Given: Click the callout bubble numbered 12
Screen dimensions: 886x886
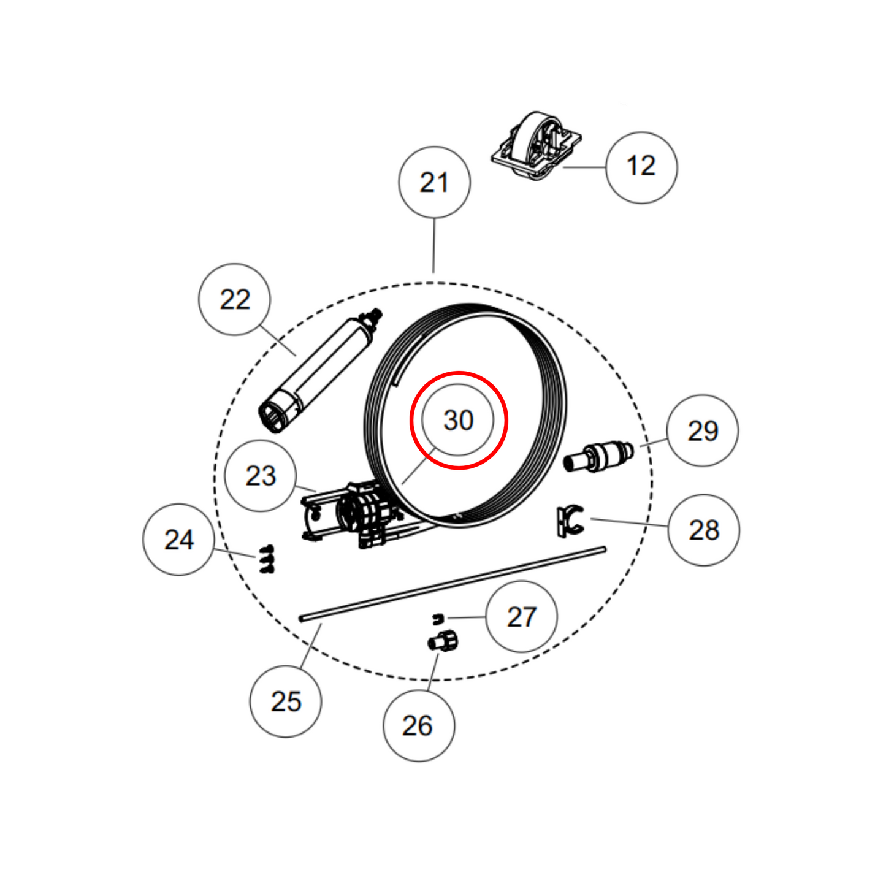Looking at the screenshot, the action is tap(641, 168).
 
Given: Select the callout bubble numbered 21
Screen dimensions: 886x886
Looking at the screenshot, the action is tap(435, 183).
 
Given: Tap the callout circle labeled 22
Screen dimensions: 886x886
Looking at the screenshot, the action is tap(234, 299).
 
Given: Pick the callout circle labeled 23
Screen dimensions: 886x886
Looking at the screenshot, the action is tap(261, 476).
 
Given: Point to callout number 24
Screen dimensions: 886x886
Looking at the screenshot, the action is tap(179, 540).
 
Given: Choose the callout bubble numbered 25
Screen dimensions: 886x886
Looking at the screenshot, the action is tap(286, 701).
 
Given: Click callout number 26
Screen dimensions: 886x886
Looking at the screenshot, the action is tap(418, 726).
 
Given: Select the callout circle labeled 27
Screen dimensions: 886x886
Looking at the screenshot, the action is tap(521, 617).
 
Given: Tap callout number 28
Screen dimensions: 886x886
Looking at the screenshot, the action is tap(704, 530).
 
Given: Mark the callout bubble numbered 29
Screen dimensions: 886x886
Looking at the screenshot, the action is tap(703, 431).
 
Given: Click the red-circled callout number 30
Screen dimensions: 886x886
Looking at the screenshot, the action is tap(459, 420).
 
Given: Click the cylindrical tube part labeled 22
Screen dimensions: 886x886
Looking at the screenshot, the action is tap(320, 371).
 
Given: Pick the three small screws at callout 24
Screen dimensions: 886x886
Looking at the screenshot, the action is tap(267, 559).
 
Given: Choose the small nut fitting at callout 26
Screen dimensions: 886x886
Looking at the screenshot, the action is tap(443, 641).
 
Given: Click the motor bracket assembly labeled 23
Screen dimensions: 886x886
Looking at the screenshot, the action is tap(352, 515).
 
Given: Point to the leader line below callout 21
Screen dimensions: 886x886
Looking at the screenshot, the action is tap(434, 245).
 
